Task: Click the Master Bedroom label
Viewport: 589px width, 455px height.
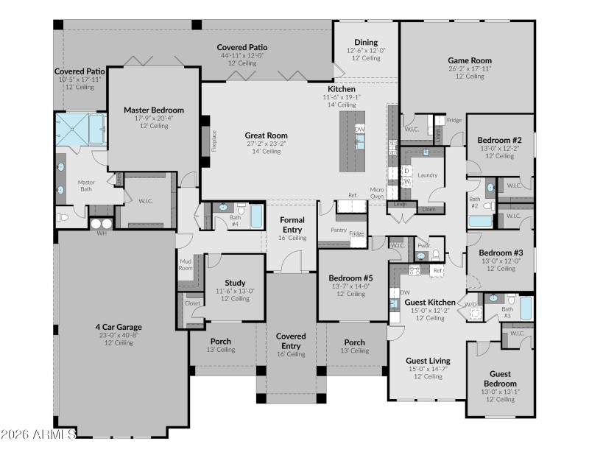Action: click(x=154, y=110)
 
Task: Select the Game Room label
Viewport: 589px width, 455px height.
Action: click(x=470, y=60)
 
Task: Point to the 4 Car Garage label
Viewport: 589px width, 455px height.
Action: click(x=118, y=327)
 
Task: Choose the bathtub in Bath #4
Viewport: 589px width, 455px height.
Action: click(x=255, y=216)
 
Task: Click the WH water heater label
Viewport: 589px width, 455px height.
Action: click(x=102, y=233)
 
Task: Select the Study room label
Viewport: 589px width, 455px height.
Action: click(x=235, y=283)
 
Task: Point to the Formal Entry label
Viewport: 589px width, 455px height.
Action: click(x=292, y=225)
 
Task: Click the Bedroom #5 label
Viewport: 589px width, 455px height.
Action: click(x=350, y=278)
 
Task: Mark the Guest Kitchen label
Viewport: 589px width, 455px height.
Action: click(x=431, y=302)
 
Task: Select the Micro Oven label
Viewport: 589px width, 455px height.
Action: click(x=376, y=194)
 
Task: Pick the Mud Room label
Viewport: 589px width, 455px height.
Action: click(x=185, y=264)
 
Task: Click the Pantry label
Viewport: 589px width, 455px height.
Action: click(x=339, y=230)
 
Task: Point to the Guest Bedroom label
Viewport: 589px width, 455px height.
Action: click(x=500, y=378)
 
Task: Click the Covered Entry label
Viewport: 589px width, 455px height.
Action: click(x=291, y=340)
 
